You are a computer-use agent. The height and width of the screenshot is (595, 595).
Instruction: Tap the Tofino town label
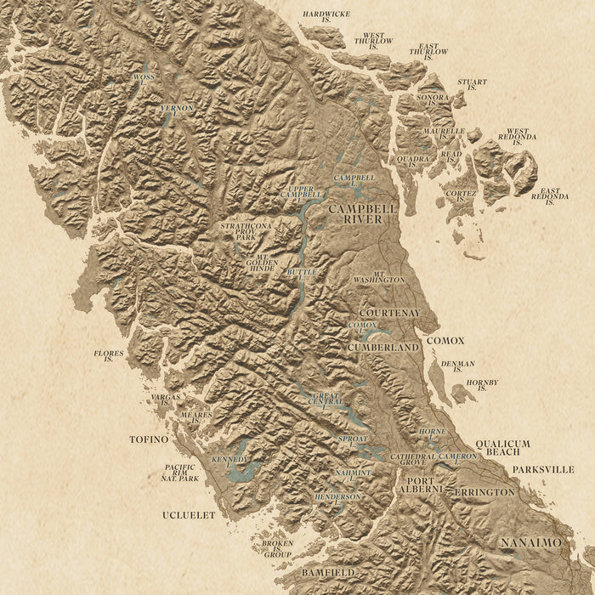click(150, 439)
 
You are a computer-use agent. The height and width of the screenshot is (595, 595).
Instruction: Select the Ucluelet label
click(189, 515)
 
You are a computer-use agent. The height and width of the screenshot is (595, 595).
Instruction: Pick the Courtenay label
click(384, 313)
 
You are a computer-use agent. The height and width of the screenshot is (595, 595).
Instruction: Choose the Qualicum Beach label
click(502, 448)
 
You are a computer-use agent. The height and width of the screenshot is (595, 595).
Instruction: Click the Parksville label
click(543, 469)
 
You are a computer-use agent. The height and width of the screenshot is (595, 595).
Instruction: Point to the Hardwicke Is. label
click(326, 18)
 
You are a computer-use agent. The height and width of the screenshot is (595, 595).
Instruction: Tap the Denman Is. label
click(457, 366)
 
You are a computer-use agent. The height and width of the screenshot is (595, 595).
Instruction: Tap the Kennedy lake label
click(230, 460)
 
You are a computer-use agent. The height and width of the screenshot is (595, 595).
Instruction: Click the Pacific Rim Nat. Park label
click(180, 473)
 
